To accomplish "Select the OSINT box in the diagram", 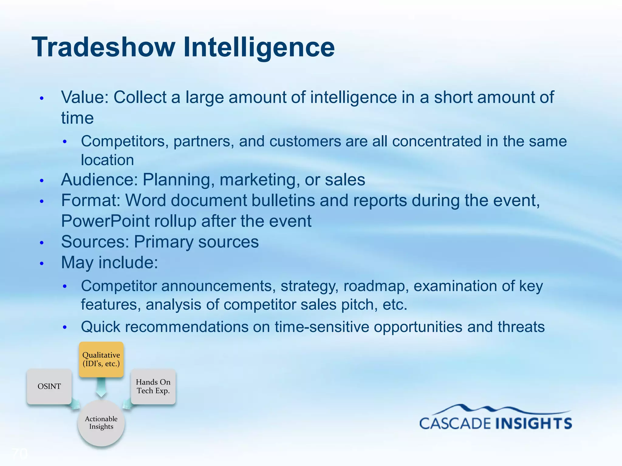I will point(49,386).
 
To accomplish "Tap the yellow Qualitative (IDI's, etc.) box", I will point(101,360).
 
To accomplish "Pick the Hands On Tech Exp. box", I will point(153,386).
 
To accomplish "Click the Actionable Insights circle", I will point(101,423).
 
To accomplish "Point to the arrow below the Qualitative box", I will point(101,387).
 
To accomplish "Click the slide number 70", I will point(20,454).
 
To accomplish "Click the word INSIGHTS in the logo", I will point(534,424).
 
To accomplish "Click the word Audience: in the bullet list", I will point(99,180).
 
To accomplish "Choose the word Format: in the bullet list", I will point(91,201).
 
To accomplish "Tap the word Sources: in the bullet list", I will point(95,242).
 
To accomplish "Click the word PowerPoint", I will point(105,221).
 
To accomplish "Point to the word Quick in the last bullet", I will point(101,327).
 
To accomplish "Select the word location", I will point(107,160).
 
